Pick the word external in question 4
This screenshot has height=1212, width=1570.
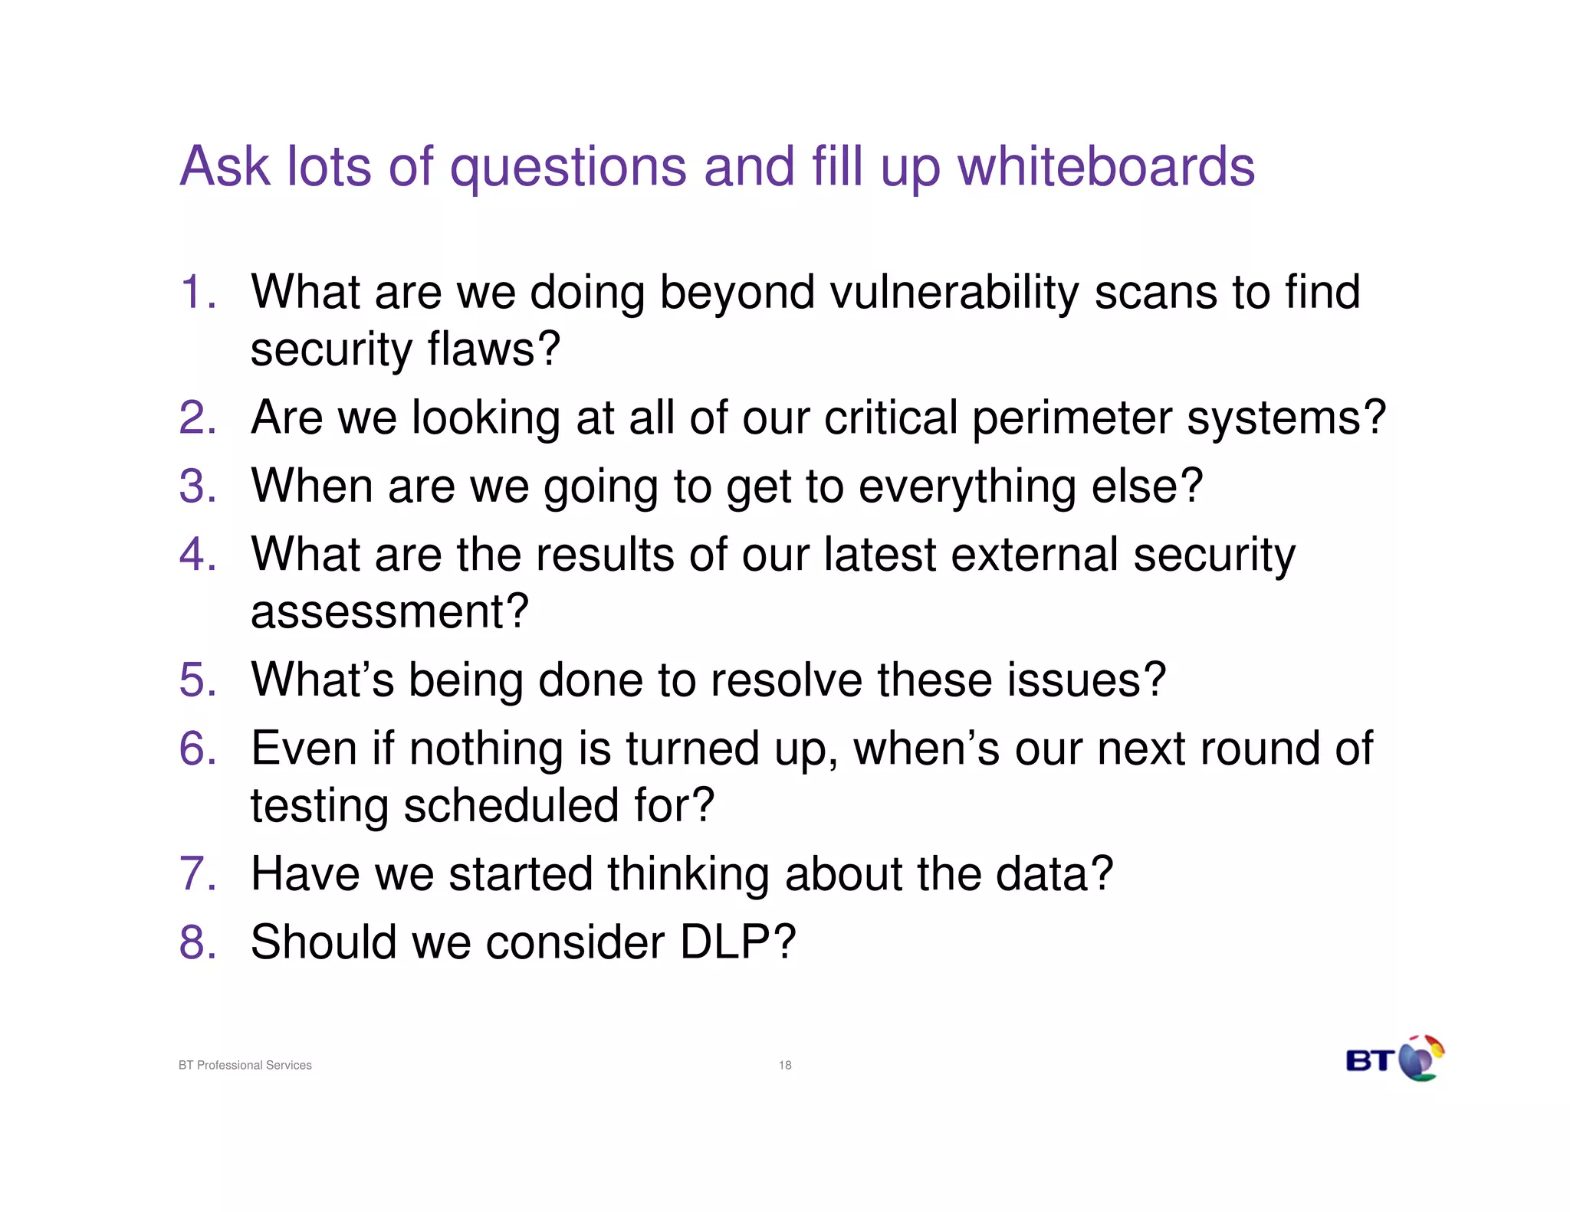[1034, 555]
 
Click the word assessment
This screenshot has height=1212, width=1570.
[389, 612]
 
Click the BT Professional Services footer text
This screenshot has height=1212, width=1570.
[245, 1065]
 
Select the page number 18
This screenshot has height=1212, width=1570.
[785, 1065]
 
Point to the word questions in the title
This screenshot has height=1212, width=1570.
[568, 167]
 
